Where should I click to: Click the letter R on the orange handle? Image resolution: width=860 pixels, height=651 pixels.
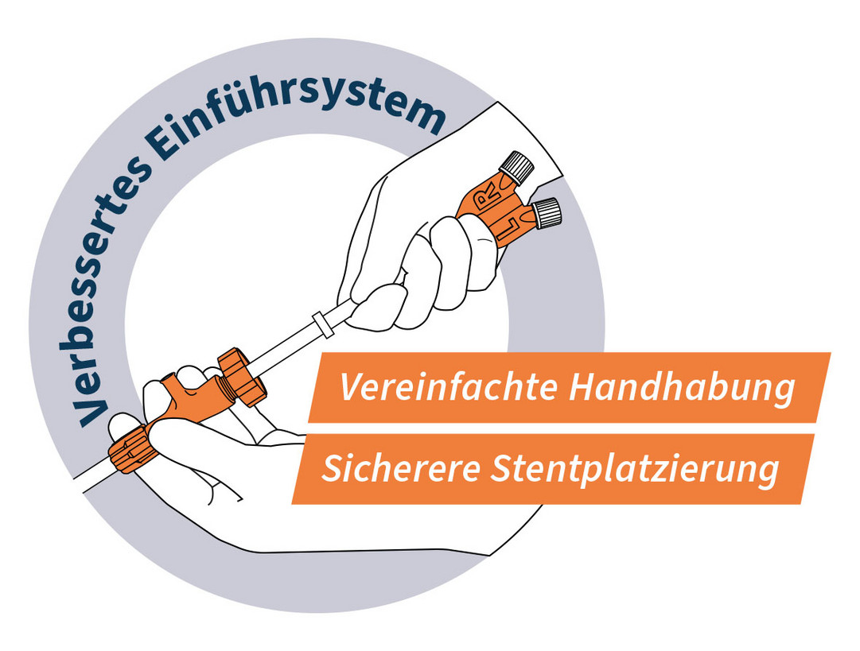(487, 196)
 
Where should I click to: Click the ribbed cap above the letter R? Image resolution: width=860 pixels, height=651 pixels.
(516, 167)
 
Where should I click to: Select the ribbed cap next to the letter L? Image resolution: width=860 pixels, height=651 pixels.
(547, 212)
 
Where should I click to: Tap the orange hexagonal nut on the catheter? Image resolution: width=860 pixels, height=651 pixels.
(241, 377)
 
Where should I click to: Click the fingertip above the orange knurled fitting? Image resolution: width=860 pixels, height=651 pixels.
(123, 424)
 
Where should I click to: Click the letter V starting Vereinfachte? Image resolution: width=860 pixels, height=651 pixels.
(350, 387)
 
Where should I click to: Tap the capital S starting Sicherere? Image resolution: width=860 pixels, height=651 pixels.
(331, 468)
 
